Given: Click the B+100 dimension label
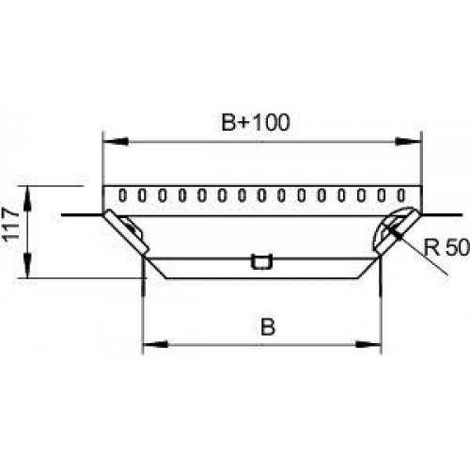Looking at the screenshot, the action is (256, 122).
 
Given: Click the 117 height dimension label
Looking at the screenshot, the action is (10, 224).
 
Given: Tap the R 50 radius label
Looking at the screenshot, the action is (446, 246).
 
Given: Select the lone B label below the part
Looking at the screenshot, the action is (268, 326).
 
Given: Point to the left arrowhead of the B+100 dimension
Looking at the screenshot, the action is (116, 141).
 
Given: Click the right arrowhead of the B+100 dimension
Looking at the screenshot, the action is (408, 141).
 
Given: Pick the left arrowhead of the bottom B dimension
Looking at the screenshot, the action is (155, 345).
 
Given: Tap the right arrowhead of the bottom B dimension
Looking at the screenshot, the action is (368, 345).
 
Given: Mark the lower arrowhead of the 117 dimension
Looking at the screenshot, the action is (28, 265).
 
